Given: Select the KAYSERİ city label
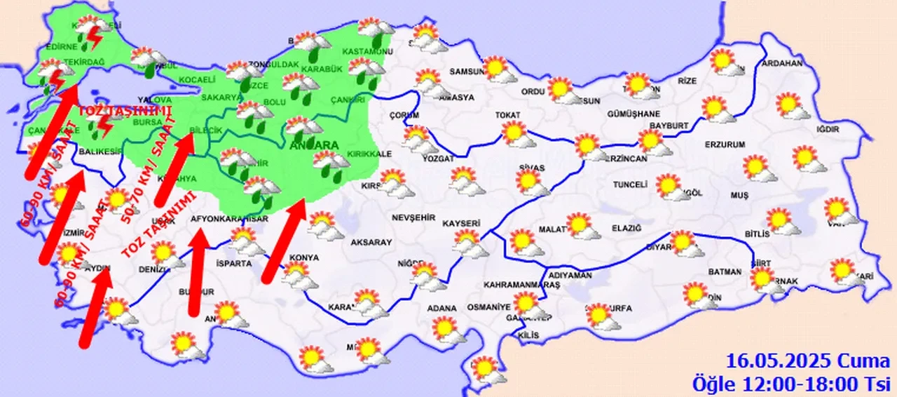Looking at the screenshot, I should [x=461, y=224].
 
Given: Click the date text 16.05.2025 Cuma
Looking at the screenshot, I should [x=807, y=363].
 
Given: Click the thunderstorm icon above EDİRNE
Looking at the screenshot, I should [x=91, y=32].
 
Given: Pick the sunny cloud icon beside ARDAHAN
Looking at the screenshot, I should [x=726, y=63].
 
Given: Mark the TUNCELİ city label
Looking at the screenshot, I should [x=628, y=184].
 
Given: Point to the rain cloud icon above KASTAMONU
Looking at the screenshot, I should [x=375, y=29].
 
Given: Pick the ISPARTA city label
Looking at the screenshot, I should [x=233, y=264].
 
